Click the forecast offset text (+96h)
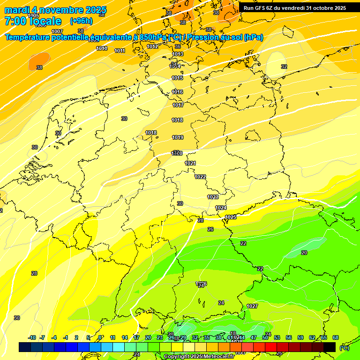tap(81, 21)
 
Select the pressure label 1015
tap(177, 78)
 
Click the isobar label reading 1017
tap(178, 105)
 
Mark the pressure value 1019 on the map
tap(178, 137)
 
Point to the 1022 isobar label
tap(200, 177)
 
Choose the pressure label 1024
tap(221, 208)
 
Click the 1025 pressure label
tap(231, 217)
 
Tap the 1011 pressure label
tap(120, 51)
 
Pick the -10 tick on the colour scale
tap(32, 337)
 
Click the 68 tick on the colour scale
tap(336, 337)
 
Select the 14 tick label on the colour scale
tap(125, 337)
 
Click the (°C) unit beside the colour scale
tap(344, 348)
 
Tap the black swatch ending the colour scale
tap(330, 347)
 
